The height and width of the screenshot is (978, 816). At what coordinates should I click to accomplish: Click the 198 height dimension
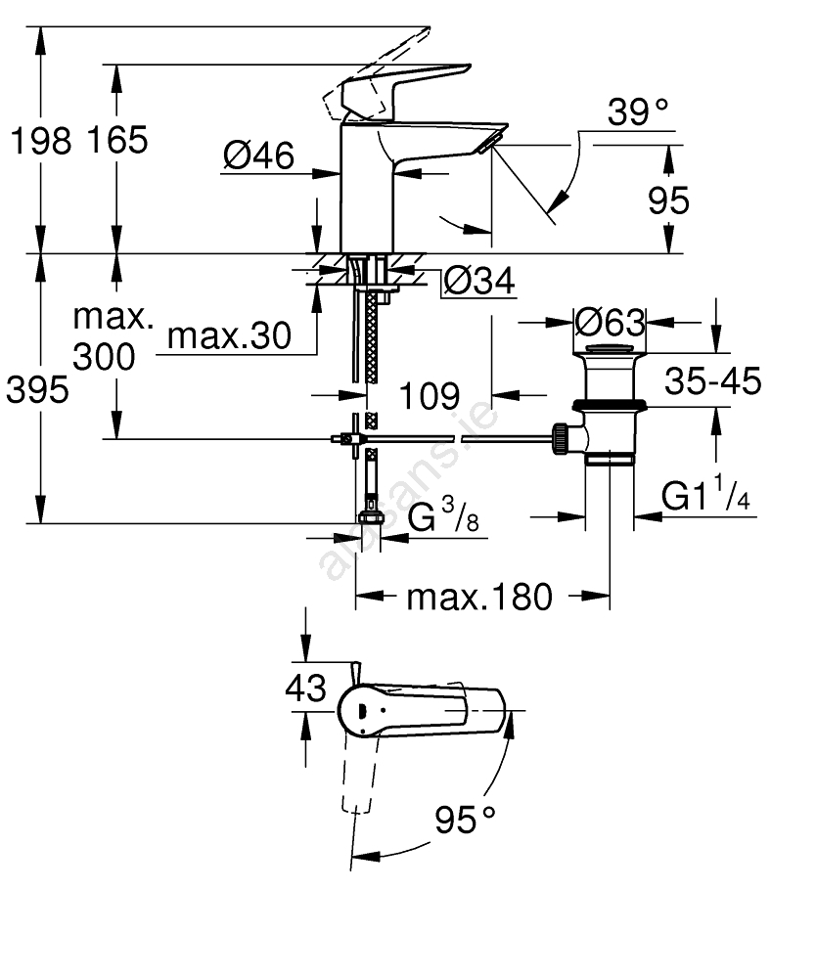click(40, 141)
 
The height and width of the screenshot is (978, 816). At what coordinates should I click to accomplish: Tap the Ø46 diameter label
click(258, 155)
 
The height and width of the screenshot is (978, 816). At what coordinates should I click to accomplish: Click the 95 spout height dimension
click(669, 200)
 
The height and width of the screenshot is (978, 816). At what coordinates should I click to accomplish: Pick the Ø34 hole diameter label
click(478, 282)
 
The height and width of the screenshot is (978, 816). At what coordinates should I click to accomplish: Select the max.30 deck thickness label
click(230, 336)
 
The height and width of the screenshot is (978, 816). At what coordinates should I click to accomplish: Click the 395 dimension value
click(38, 390)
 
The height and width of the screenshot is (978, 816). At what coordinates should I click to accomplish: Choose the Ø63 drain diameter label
click(610, 321)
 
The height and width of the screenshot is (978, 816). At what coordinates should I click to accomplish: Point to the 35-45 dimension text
click(711, 381)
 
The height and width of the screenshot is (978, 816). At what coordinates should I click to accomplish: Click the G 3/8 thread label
click(442, 516)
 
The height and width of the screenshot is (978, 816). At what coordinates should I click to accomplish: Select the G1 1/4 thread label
click(705, 498)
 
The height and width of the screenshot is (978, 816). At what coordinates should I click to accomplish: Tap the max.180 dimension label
click(479, 596)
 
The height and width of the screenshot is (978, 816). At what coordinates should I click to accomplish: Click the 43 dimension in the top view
click(306, 689)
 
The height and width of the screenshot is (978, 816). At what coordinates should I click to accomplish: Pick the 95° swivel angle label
click(466, 821)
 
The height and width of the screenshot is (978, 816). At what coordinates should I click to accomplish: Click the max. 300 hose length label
click(115, 338)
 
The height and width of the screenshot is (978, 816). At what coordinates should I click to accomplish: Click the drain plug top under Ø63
click(610, 349)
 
